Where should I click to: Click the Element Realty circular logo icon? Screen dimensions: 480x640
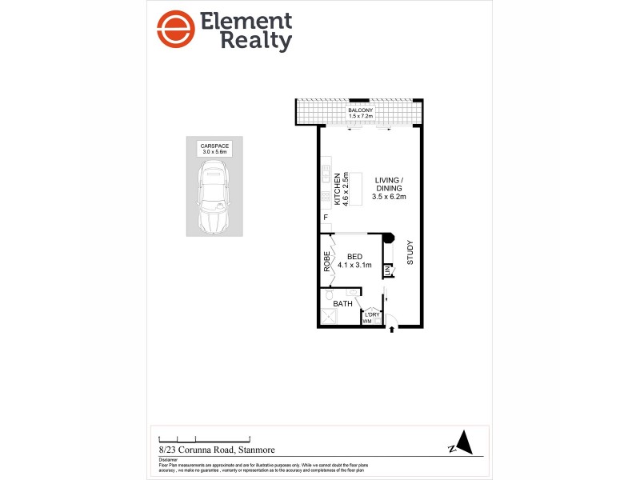pyautogui.click(x=176, y=30)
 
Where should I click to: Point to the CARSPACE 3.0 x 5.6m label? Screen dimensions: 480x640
pyautogui.click(x=213, y=148)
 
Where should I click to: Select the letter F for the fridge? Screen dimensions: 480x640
pyautogui.click(x=326, y=218)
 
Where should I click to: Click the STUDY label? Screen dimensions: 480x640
pyautogui.click(x=410, y=252)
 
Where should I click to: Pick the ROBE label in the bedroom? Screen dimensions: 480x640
pyautogui.click(x=327, y=262)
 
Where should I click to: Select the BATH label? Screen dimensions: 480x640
pyautogui.click(x=342, y=304)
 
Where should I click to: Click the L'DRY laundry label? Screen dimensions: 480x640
pyautogui.click(x=372, y=314)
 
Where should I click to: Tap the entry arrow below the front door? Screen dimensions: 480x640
pyautogui.click(x=391, y=330)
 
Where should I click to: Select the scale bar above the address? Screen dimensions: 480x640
pyautogui.click(x=205, y=438)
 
